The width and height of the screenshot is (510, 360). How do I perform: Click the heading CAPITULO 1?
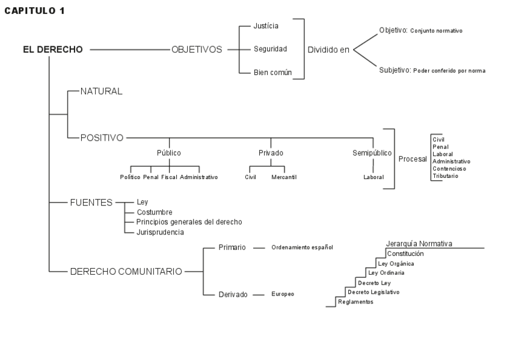[x=34, y=11]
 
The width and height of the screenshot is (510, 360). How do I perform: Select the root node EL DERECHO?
[x=53, y=49]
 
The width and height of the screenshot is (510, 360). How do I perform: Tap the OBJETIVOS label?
[x=197, y=49]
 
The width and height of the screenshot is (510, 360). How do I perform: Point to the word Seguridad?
[x=270, y=49]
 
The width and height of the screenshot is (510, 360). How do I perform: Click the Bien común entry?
[x=272, y=72]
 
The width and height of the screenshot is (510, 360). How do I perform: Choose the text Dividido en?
[x=328, y=50]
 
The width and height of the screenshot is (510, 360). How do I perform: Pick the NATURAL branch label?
[x=101, y=91]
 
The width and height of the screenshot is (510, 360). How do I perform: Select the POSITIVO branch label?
[x=102, y=138]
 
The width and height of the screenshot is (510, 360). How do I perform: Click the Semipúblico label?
[x=372, y=153]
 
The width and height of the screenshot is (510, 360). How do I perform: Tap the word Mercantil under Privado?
[x=284, y=177]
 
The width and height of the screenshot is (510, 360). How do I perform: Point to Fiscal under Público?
[x=169, y=177]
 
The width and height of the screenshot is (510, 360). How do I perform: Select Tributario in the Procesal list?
[x=445, y=176]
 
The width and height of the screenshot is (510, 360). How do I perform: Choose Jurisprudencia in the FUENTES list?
[x=160, y=231]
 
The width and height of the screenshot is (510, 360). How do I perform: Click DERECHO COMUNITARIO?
[x=126, y=271]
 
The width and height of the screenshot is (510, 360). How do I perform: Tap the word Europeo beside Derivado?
[x=283, y=294]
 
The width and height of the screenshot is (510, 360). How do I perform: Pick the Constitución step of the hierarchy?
[x=405, y=254]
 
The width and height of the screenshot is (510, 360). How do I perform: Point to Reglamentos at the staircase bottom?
[x=355, y=302]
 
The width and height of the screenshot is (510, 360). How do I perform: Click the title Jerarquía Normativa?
[x=419, y=243]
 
